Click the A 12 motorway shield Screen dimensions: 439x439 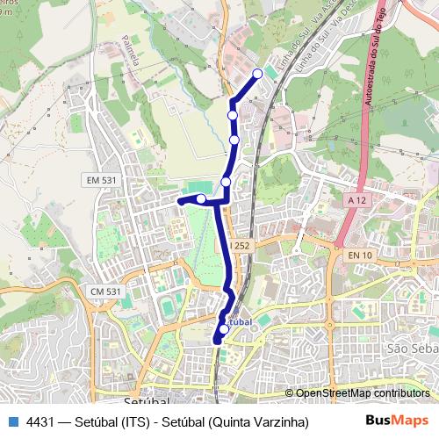point(356,201)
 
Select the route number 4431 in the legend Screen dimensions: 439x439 point(40,422)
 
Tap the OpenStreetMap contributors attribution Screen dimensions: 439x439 point(363,392)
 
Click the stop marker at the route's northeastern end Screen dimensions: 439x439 point(257,74)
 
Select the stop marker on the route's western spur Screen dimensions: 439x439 point(201,199)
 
